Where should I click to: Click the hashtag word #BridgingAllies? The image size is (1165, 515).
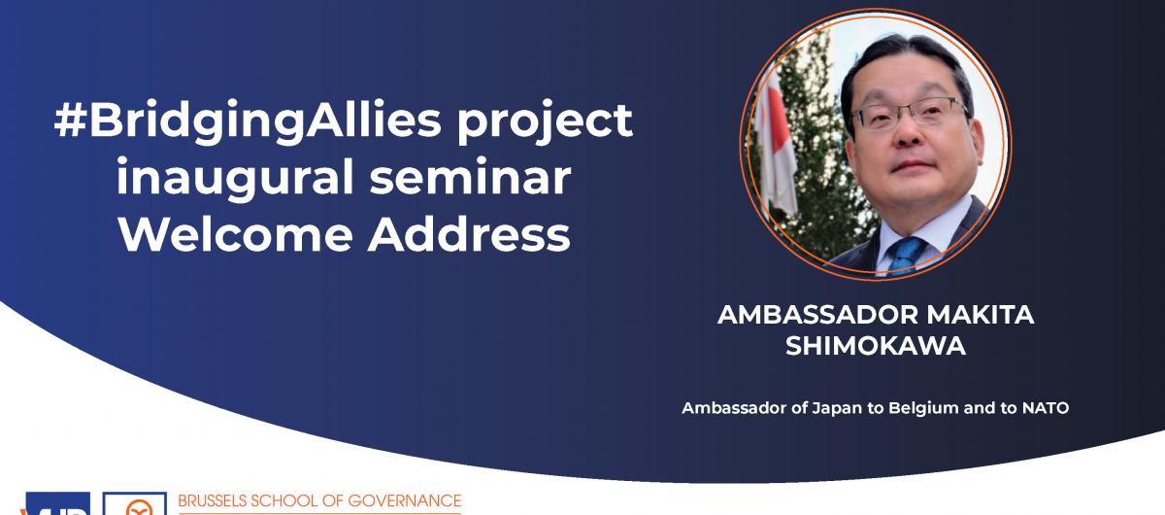pos(248,120)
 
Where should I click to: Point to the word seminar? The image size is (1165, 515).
pos(470,177)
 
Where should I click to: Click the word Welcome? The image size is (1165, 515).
pos(236,234)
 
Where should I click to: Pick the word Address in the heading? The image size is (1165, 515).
pos(469,234)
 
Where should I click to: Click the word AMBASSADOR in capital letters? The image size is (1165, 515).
pos(817,315)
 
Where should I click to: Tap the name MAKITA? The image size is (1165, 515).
pos(981,315)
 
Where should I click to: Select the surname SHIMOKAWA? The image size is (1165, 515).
pos(876,346)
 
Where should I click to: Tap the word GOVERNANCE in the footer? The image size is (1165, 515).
pos(405,501)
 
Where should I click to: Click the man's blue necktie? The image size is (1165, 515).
pos(905,255)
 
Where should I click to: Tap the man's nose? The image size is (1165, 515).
pos(909,132)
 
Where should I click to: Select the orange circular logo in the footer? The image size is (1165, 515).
pos(136,506)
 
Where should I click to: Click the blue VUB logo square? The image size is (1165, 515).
pos(57,503)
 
